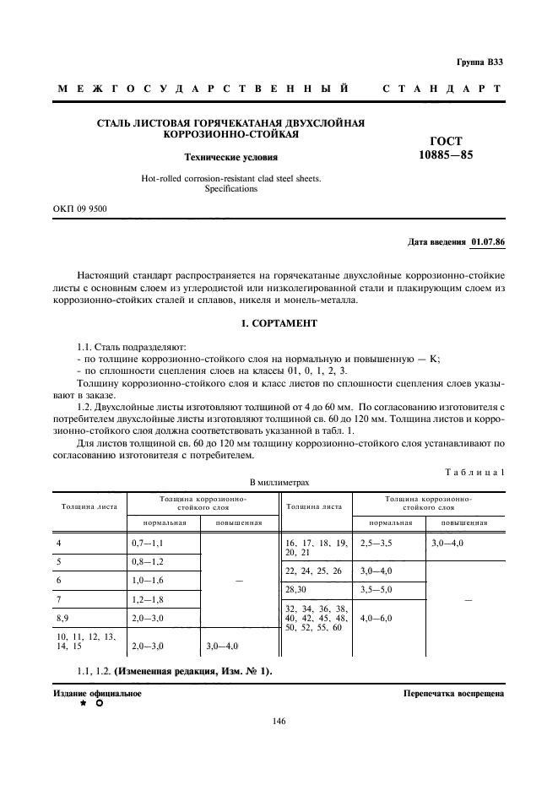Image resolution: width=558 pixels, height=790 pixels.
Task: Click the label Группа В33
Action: [479, 62]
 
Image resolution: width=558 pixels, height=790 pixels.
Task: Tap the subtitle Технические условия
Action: [230, 157]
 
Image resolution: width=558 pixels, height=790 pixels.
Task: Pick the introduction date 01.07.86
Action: [487, 242]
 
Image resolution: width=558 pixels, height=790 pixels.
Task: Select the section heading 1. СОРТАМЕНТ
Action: [279, 323]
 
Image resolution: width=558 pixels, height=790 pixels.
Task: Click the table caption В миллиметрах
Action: [279, 482]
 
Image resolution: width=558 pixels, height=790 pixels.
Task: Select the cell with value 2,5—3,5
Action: [377, 543]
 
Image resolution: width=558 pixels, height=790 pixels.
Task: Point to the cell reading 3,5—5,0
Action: [377, 589]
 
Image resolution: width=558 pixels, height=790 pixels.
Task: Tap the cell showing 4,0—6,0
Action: [377, 618]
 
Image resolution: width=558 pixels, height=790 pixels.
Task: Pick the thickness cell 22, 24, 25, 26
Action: [313, 571]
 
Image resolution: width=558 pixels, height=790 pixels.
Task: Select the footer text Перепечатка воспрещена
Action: [453, 693]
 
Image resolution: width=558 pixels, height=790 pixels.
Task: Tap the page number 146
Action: [279, 721]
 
